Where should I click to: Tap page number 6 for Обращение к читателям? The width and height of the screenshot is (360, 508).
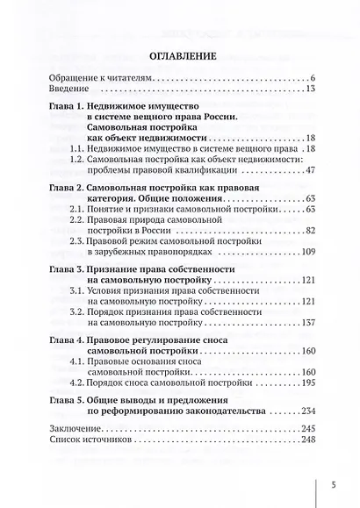tap(311, 80)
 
